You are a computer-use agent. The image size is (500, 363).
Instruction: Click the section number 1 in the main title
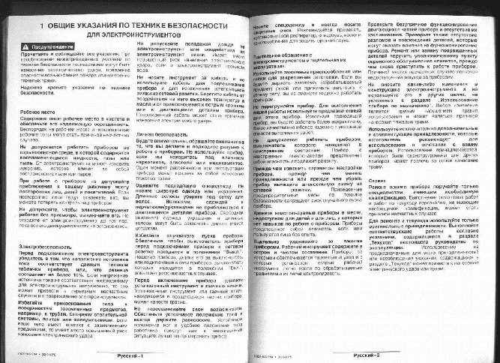(35, 25)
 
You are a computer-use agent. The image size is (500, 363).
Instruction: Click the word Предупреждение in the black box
(56, 47)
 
